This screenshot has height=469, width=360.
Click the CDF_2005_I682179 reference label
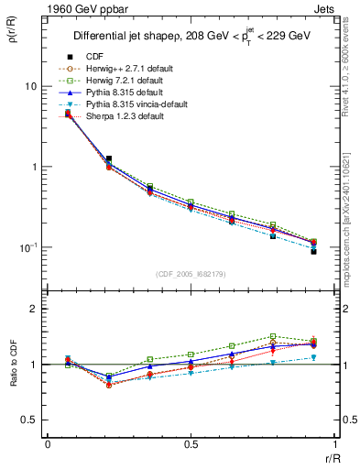coord(191,274)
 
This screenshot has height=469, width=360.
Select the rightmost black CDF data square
coord(313,251)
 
